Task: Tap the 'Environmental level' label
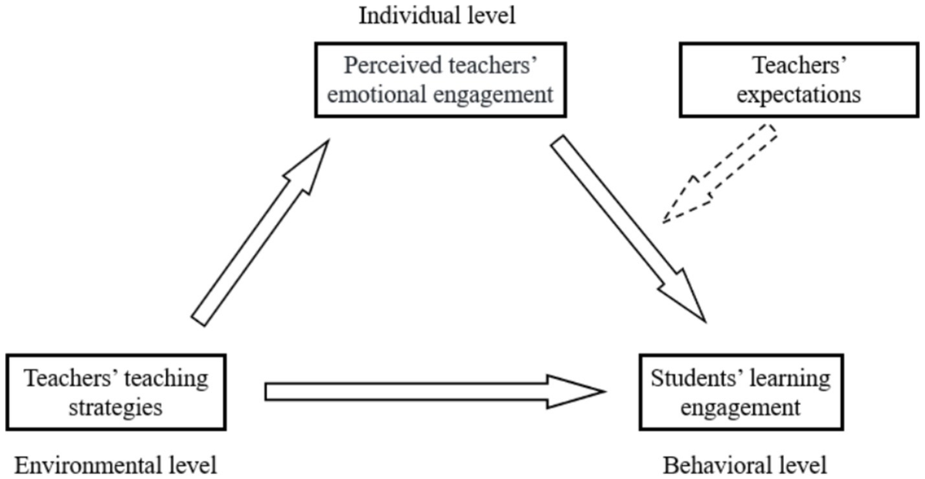click(x=116, y=465)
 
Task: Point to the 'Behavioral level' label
click(x=745, y=465)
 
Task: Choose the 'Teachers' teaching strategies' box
click(x=116, y=391)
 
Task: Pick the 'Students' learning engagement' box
click(x=741, y=391)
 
